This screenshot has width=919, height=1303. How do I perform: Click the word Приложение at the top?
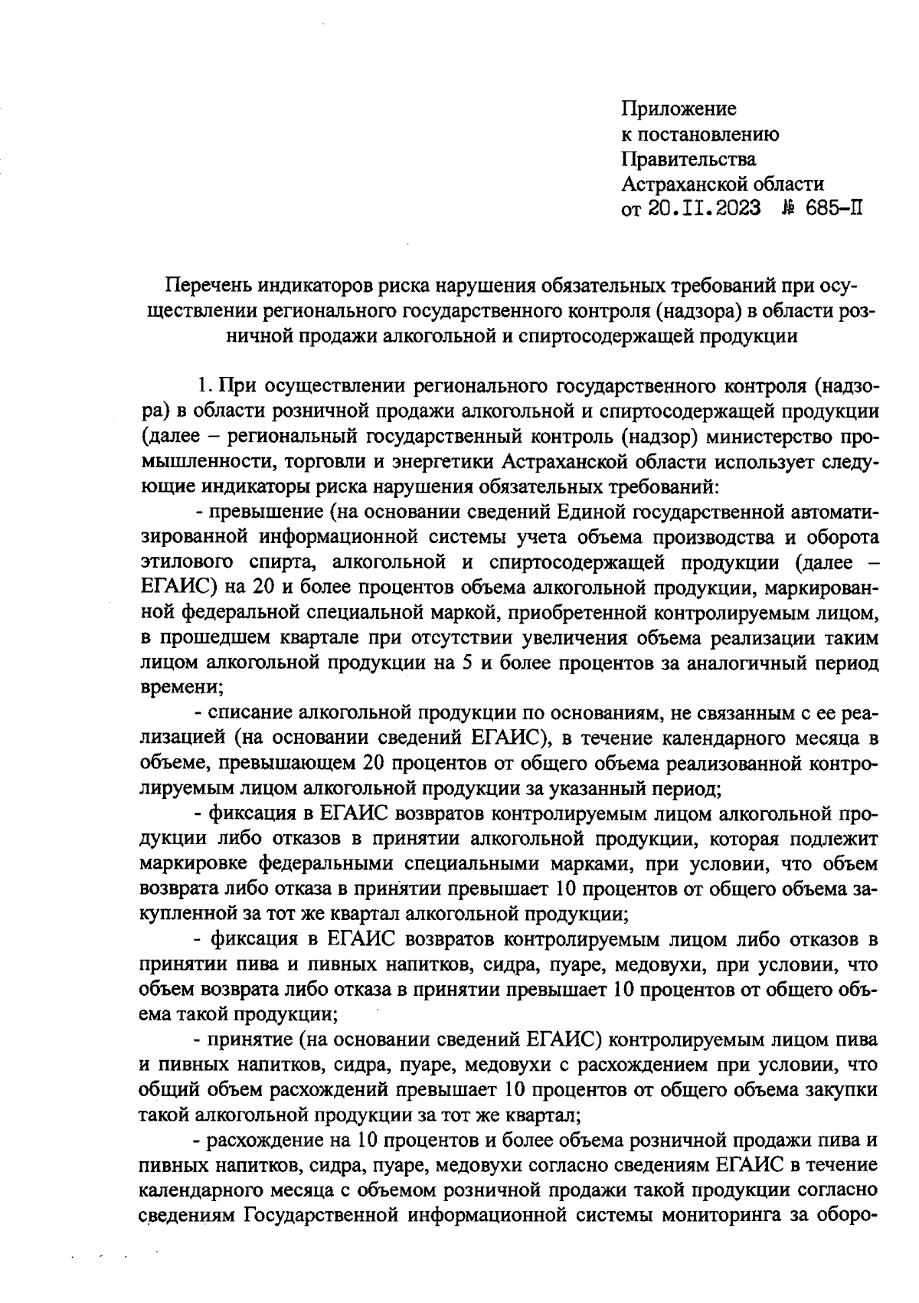pyautogui.click(x=678, y=109)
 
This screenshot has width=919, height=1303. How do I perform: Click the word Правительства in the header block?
pyautogui.click(x=688, y=159)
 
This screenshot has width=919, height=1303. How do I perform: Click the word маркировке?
pyautogui.click(x=193, y=863)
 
